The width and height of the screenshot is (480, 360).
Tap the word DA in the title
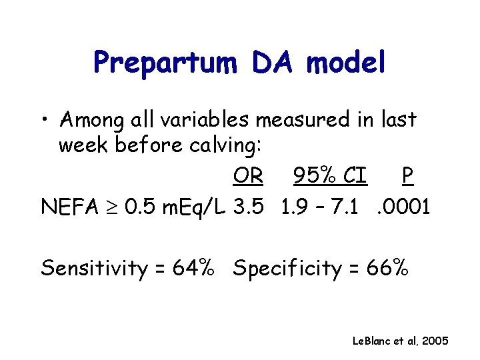click(x=277, y=63)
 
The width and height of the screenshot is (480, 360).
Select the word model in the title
click(x=347, y=63)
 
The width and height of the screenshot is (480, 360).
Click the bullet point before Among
click(x=46, y=121)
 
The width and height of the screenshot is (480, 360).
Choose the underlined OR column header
click(x=248, y=176)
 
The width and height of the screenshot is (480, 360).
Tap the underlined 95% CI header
click(x=330, y=176)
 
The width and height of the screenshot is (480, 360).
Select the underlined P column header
click(x=407, y=176)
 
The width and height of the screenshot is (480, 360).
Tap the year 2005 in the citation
click(x=436, y=341)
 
